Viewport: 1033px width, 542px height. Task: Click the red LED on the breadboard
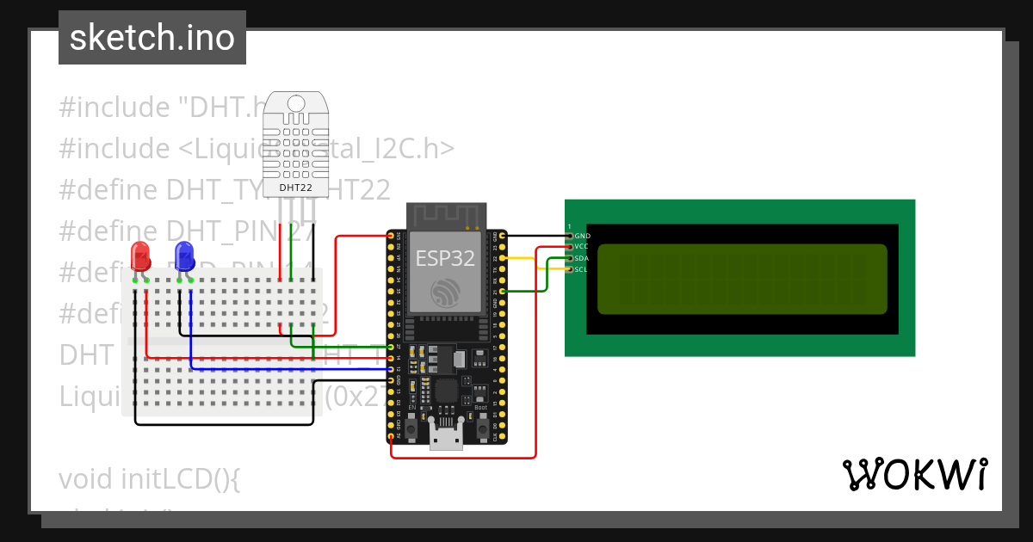139,256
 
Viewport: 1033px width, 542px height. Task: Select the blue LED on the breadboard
183,256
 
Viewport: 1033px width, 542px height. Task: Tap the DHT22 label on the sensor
295,187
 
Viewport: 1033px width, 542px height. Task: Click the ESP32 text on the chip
445,258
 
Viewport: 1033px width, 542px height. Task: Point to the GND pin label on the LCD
582,236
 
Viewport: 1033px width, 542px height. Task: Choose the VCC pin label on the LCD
582,247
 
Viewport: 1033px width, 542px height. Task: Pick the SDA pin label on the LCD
582,258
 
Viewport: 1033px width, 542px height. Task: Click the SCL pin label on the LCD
581,269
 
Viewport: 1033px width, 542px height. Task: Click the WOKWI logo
914,475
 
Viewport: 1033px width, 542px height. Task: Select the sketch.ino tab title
152,38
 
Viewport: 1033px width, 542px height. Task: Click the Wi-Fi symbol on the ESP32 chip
445,293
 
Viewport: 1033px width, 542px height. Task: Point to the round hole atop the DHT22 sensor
296,102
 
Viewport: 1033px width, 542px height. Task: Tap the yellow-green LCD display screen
741,279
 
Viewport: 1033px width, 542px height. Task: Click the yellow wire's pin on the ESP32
502,258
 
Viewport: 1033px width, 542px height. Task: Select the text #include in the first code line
114,108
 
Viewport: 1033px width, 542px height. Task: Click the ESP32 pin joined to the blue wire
392,369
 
